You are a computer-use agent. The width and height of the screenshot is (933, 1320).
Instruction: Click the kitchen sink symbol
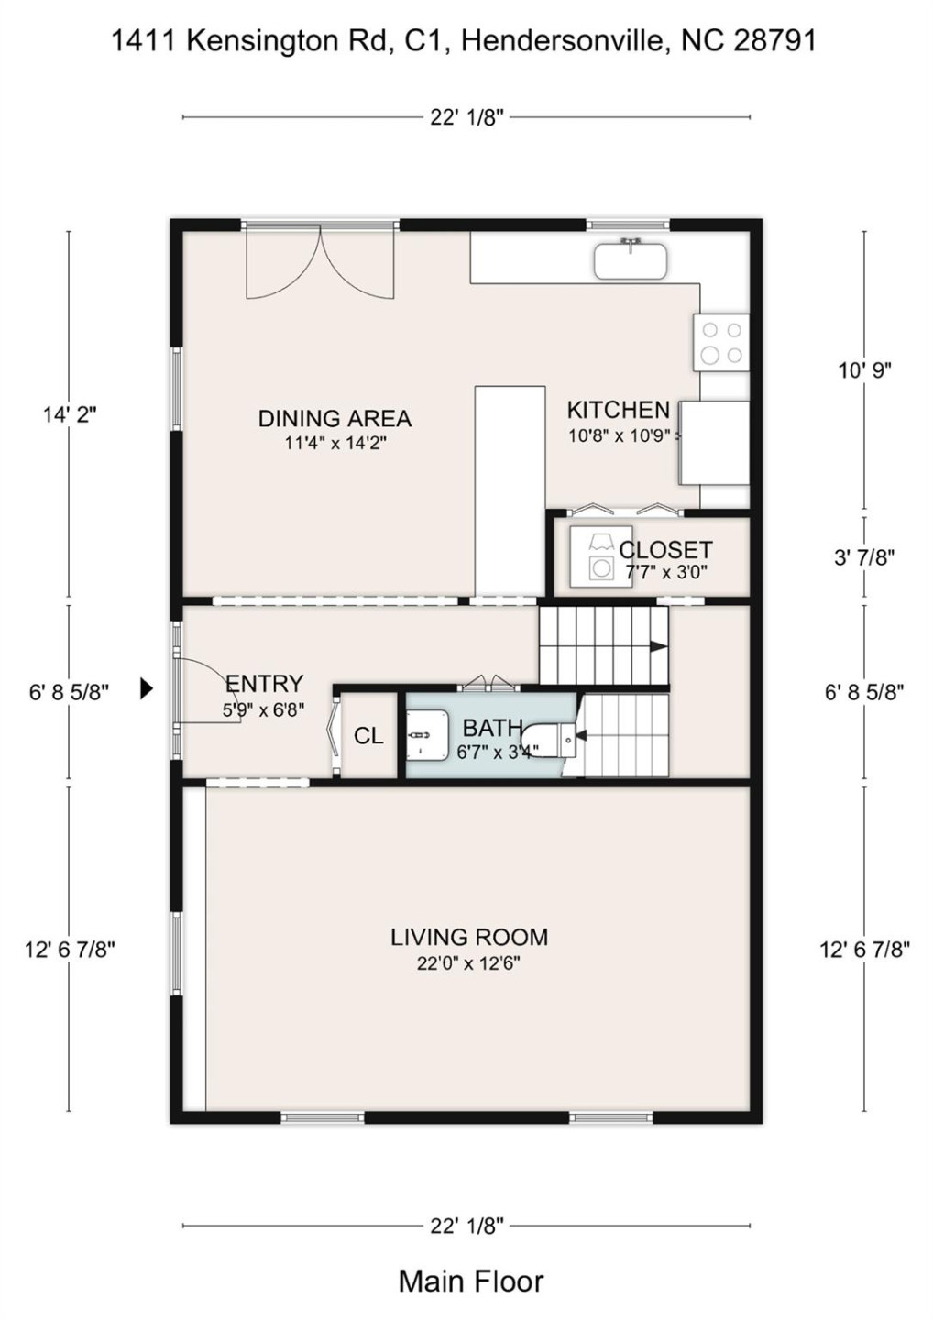point(630,259)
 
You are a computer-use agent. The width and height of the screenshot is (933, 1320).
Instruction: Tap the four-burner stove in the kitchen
point(720,342)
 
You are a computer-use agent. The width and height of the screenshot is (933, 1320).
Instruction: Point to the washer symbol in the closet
point(600,557)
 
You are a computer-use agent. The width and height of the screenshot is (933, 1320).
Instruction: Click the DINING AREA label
point(335,419)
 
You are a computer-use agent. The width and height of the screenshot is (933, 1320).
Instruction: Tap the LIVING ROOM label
point(468,937)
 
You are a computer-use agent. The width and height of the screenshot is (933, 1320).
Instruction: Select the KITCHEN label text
point(618,410)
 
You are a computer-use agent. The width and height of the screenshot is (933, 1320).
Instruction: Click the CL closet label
point(368,736)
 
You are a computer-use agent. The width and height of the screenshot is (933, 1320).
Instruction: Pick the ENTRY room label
point(264,684)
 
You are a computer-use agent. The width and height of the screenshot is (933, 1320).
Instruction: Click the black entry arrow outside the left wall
point(146,688)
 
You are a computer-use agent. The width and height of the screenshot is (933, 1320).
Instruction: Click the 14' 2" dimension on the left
point(69,414)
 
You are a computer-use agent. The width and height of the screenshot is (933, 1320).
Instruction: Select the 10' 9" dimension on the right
point(863,370)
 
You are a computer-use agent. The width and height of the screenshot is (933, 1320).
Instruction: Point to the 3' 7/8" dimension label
point(863,557)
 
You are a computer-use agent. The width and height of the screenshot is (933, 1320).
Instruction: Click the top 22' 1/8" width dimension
point(466,117)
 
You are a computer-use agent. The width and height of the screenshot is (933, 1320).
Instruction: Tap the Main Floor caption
point(470,1281)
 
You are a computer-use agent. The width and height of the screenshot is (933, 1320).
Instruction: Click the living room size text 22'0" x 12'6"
point(468,963)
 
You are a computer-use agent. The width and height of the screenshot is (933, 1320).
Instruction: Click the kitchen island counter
point(510,492)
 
